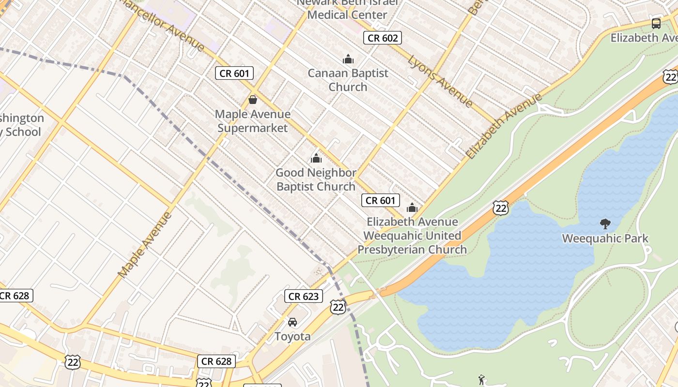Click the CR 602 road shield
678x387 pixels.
[x=383, y=38]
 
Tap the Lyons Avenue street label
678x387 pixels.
[x=440, y=81]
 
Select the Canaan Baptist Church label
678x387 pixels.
[x=348, y=80]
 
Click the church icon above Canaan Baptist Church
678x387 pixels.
[x=348, y=60]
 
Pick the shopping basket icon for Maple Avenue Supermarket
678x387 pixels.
[x=252, y=100]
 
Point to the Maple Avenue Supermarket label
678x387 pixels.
[x=253, y=121]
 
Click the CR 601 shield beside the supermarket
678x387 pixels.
[x=234, y=74]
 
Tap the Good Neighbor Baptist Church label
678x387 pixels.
[x=316, y=179]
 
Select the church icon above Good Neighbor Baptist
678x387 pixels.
[x=316, y=158]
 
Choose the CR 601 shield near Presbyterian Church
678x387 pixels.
[x=381, y=200]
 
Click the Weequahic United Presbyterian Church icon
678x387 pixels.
[x=412, y=208]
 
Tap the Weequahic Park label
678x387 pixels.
[x=605, y=238]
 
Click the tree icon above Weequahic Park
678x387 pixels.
[x=605, y=223]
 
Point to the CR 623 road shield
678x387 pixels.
[x=304, y=296]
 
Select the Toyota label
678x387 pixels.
[x=293, y=336]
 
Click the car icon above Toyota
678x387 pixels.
[x=293, y=322]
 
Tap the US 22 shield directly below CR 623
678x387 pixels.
[x=338, y=307]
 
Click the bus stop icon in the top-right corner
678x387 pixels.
[x=656, y=23]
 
